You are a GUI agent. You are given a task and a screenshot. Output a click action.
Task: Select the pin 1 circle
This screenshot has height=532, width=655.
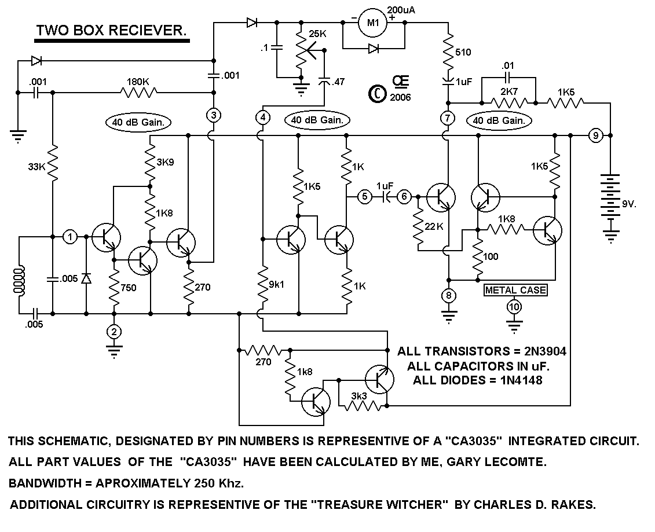pyautogui.click(x=70, y=236)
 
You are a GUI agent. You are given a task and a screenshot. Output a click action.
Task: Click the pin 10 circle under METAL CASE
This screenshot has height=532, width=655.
pyautogui.click(x=514, y=306)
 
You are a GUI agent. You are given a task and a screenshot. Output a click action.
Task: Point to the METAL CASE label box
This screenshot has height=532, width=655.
pyautogui.click(x=515, y=290)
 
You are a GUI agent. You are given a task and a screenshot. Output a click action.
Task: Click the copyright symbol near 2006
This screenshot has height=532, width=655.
pyautogui.click(x=377, y=93)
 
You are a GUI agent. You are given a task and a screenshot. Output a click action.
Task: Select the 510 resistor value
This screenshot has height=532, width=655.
pyautogui.click(x=463, y=52)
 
